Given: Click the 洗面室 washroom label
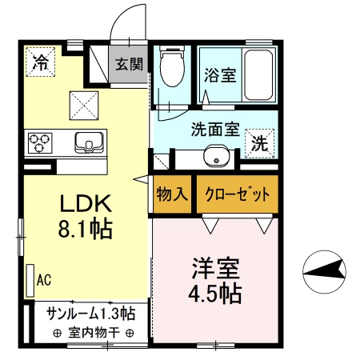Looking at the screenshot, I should pos(215,128).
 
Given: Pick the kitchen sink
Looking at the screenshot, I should pos(88,142).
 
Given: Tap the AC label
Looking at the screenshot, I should pos(45,279).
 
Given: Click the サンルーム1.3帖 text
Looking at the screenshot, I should pos(90,312).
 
